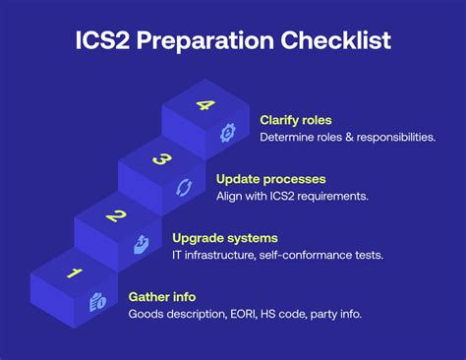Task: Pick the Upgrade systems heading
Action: point(224,237)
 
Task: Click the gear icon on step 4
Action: point(228,131)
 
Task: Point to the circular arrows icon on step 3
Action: point(184,187)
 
